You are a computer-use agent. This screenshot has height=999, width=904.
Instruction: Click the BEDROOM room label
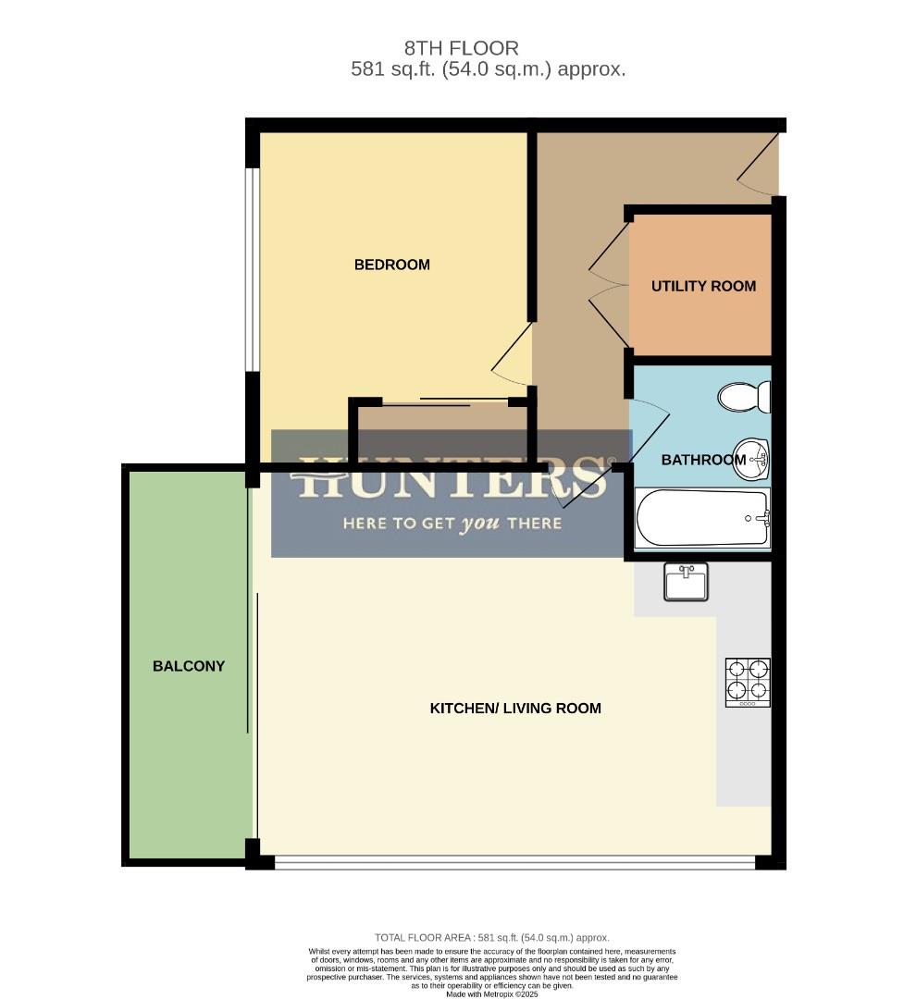coord(391,265)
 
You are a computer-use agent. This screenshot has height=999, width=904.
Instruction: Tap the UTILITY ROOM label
coord(703,286)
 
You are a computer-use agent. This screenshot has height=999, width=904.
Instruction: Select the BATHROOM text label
coord(703,460)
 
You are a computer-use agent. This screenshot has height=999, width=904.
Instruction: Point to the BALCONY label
coord(189,666)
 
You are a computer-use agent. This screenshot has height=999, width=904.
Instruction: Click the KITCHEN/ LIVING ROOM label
coord(515,709)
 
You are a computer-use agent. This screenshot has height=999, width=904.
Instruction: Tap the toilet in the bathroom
coord(744,398)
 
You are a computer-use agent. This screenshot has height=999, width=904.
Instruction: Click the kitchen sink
coord(685,582)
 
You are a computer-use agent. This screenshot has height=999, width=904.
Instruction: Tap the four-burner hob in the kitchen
coord(748,683)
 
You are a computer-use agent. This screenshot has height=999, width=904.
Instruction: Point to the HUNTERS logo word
coord(452,478)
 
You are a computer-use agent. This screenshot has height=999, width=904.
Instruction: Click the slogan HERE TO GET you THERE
coord(452,524)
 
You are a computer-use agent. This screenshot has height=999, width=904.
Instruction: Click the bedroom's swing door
coord(512,356)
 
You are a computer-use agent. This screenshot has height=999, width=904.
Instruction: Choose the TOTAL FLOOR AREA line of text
coord(491,937)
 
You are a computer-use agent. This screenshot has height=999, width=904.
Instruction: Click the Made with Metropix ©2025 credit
coord(491,994)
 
